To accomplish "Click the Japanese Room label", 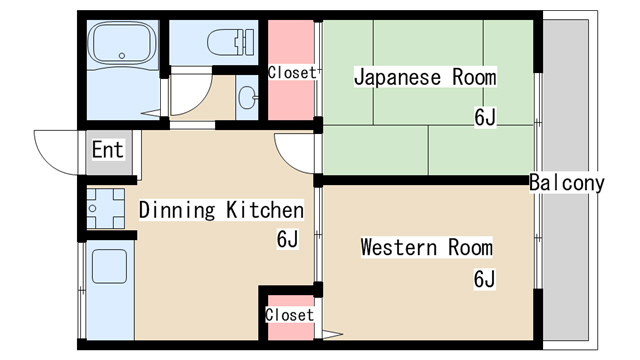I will tap(425, 77).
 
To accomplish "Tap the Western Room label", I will tap(426, 247).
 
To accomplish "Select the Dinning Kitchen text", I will tap(220, 210).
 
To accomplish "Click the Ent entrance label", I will tap(107, 150).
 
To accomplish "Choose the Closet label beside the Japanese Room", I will tap(292, 72).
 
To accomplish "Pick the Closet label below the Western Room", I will tap(289, 315).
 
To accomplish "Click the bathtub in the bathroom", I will tap(120, 45).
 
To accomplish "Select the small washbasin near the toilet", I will tap(248, 97).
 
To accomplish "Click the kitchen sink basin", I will tap(108, 267).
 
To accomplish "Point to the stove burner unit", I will tap(105, 210).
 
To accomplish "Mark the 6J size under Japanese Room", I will tap(485, 117).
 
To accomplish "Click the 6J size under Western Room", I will tap(484, 279).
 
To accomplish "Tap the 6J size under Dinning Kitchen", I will tap(287, 240).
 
